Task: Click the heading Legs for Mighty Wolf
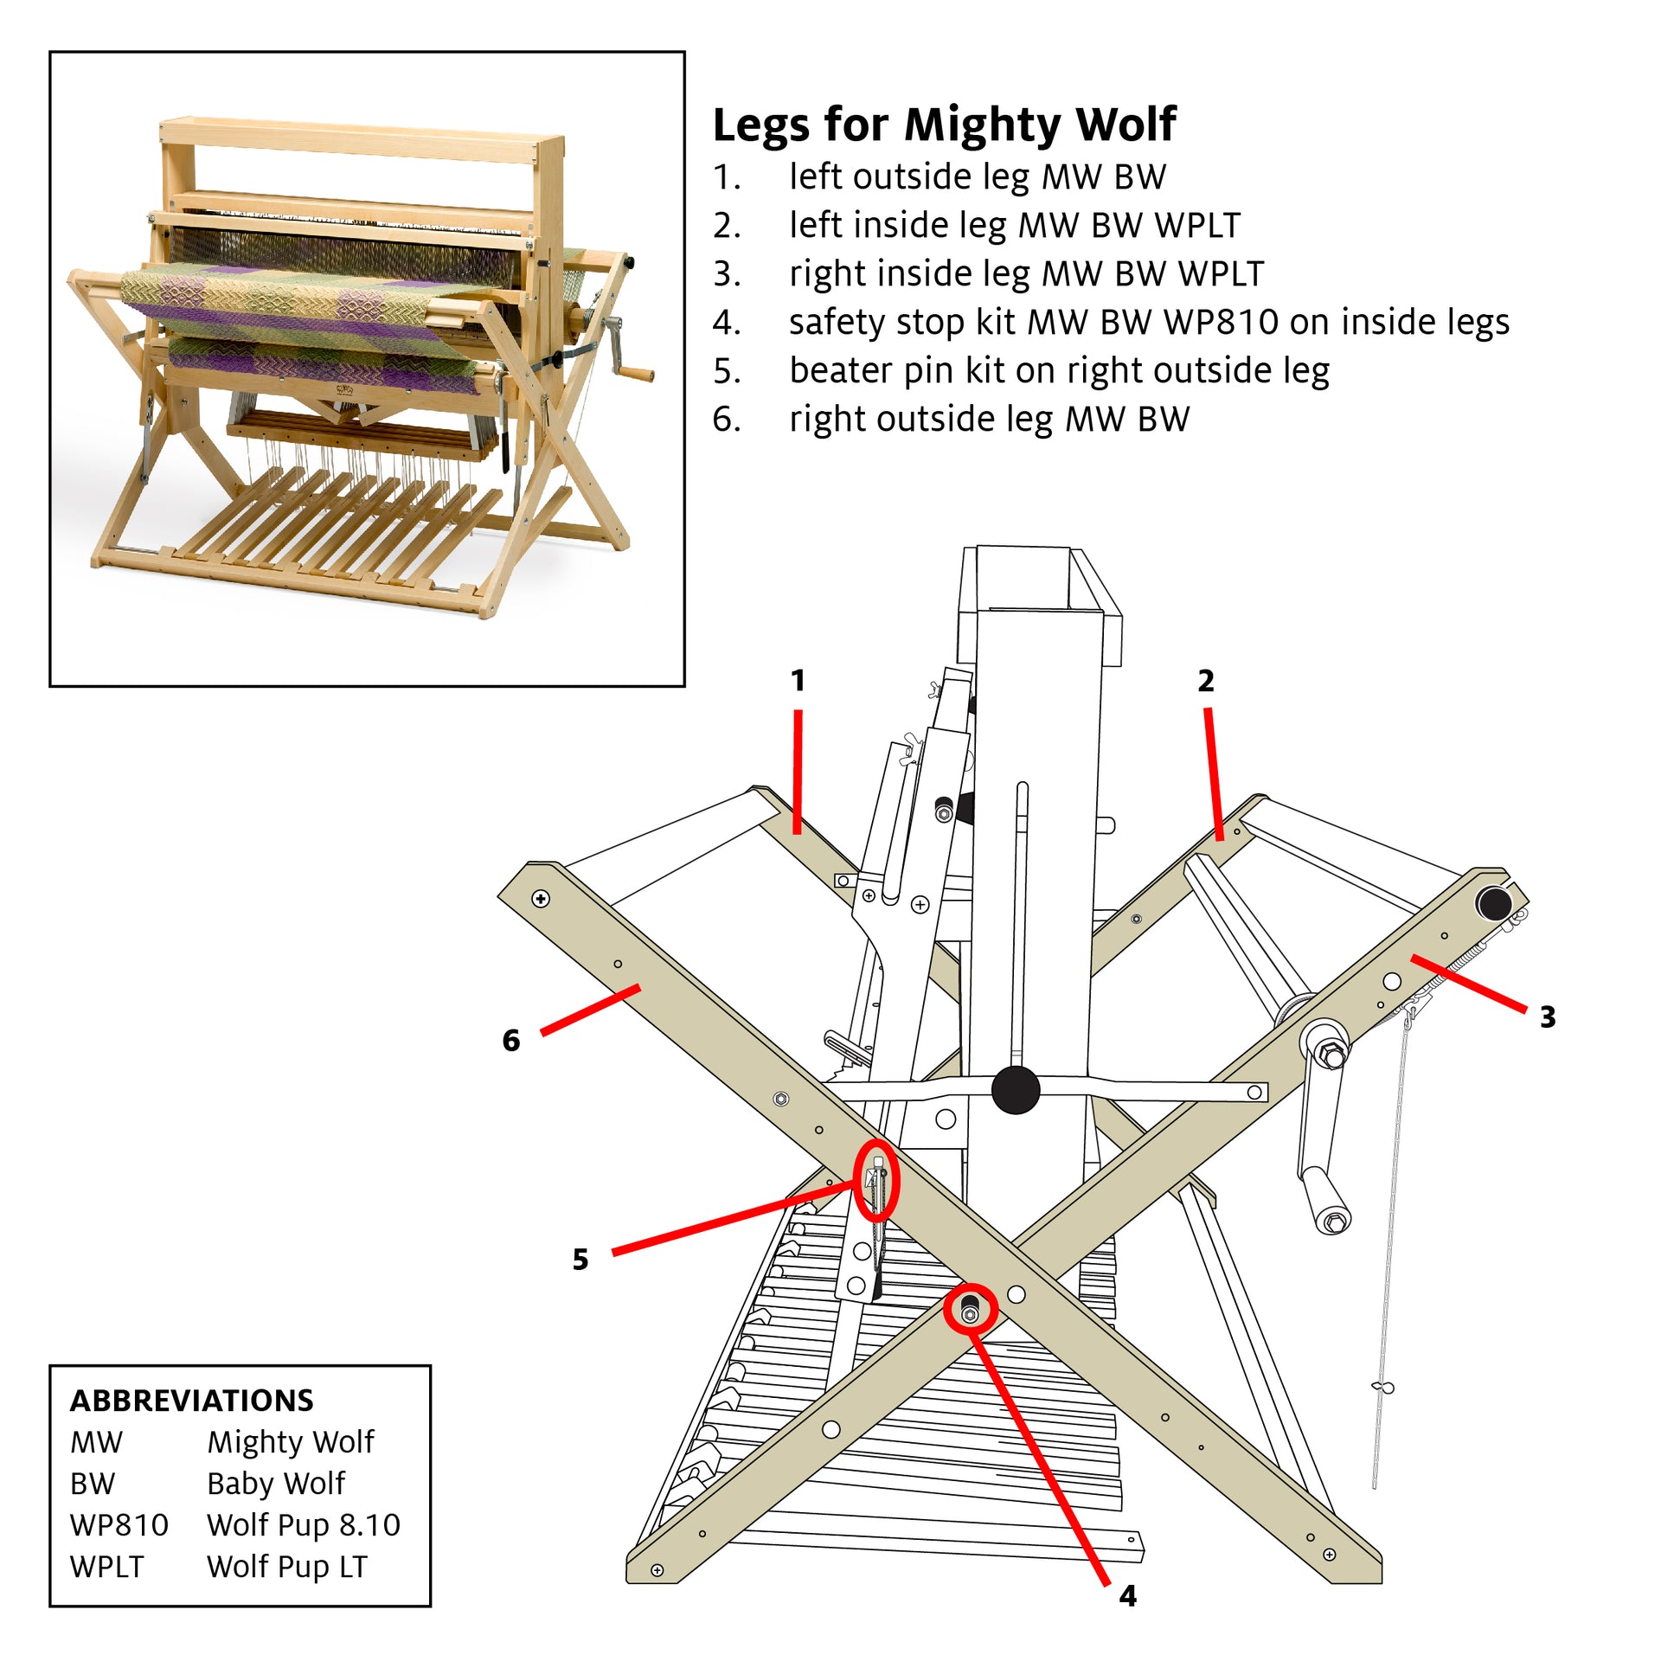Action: pos(943,125)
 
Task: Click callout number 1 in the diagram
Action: pos(798,681)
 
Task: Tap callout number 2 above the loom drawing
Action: pos(1205,681)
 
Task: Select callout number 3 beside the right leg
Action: pos(1548,1017)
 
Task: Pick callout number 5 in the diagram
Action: pos(580,1260)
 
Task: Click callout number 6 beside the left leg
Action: pos(510,1040)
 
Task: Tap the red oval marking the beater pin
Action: pos(877,1180)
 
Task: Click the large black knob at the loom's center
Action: pos(1016,1090)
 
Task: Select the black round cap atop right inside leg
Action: pos(1494,905)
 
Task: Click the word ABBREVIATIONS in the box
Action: pos(191,1401)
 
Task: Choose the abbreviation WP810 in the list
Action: pos(119,1525)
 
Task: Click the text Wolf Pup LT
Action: pos(287,1567)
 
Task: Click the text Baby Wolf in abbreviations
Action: pos(276,1484)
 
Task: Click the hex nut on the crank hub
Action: pos(1333,1056)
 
